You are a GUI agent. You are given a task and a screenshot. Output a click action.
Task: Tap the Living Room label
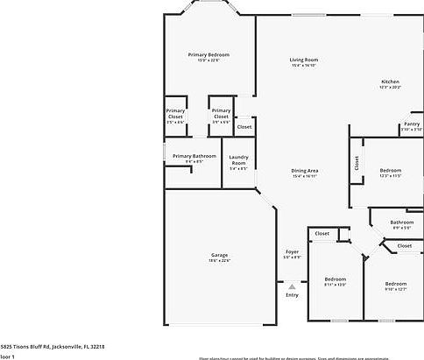(304, 60)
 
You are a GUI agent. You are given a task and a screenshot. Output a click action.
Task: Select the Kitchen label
(390, 81)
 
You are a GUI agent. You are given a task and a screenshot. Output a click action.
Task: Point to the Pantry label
(412, 124)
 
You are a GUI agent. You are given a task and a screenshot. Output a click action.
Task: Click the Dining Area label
(305, 170)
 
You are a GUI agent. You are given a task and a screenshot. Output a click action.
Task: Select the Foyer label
(292, 251)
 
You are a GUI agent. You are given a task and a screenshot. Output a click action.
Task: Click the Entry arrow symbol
(292, 286)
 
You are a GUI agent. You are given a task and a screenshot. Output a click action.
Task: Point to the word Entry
(292, 294)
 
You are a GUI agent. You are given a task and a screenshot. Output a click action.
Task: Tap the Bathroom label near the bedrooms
(402, 222)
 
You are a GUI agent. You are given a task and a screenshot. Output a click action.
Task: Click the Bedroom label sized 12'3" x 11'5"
(391, 170)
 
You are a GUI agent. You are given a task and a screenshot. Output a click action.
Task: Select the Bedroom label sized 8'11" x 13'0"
(335, 279)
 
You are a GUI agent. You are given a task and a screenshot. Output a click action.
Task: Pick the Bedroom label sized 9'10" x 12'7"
(396, 283)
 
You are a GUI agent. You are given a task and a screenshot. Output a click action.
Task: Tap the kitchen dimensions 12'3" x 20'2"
(390, 88)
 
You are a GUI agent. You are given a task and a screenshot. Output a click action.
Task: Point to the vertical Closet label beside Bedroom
(357, 162)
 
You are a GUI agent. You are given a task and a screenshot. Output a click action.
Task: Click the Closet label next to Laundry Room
(244, 126)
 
